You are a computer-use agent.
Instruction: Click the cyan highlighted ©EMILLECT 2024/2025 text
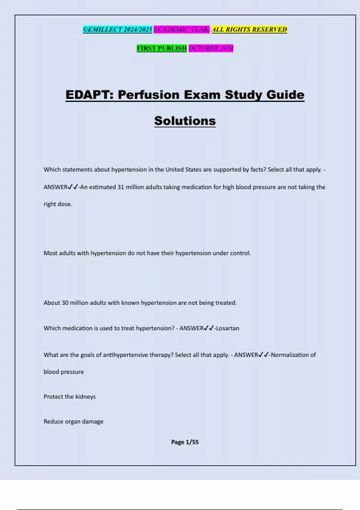(118, 29)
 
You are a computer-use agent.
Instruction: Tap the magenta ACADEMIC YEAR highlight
(181, 29)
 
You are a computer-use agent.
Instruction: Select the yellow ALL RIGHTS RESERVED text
(249, 29)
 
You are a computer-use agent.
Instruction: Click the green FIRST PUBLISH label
(162, 48)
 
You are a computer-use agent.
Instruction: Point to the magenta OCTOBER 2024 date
(211, 48)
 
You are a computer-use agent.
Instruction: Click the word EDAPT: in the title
(89, 95)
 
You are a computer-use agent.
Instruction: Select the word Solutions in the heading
(185, 121)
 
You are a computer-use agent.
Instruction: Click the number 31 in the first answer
(121, 187)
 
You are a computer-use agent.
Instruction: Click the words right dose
(58, 204)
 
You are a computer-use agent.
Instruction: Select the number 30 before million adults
(65, 303)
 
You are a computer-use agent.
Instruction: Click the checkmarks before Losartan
(209, 328)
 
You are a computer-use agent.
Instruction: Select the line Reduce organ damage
(73, 421)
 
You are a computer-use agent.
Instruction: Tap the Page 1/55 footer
(185, 442)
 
